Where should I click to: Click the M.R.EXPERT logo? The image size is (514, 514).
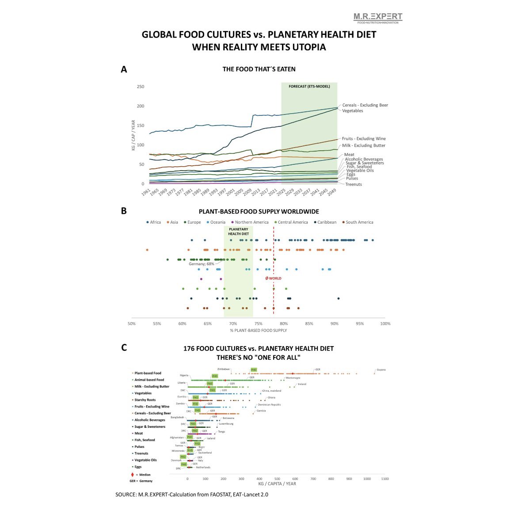tap(378, 18)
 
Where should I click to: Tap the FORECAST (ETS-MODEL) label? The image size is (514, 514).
tap(309, 87)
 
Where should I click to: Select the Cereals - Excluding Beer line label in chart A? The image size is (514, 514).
tap(365, 105)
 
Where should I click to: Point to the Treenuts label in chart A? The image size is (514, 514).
tap(353, 184)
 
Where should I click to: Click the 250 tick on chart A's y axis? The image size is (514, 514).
tap(140, 87)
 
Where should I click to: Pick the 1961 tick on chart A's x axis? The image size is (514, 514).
tap(146, 193)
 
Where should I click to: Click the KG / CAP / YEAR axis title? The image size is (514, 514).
tap(133, 135)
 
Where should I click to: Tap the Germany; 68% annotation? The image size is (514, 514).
tap(202, 264)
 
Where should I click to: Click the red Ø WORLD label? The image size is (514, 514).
tap(273, 278)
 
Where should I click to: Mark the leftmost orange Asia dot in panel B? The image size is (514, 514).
tap(147, 250)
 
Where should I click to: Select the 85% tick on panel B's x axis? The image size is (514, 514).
tap(309, 324)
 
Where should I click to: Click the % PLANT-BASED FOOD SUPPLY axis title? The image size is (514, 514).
tap(258, 331)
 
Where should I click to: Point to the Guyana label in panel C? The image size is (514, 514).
tap(381, 369)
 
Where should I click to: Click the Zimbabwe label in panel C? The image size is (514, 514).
tap(223, 369)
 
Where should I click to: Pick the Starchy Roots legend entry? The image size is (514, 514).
tap(145, 400)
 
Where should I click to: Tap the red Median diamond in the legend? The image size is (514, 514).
tap(132, 475)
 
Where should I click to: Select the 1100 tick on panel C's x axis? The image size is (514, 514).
tap(385, 479)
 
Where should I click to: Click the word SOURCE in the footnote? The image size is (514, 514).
tap(126, 495)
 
